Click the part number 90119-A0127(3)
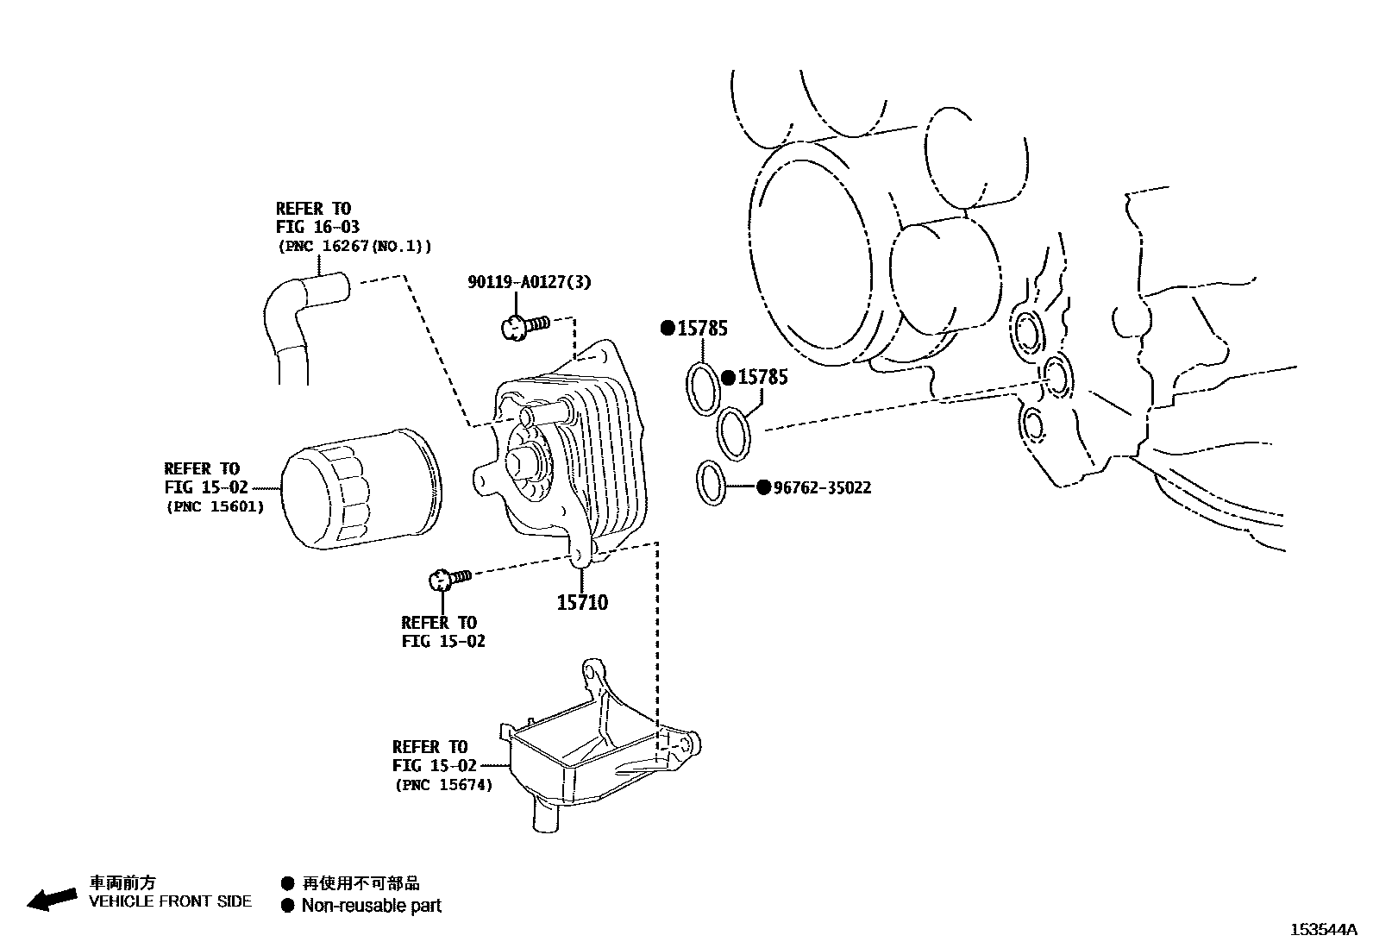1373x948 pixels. pyautogui.click(x=530, y=282)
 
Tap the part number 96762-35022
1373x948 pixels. pyautogui.click(x=822, y=487)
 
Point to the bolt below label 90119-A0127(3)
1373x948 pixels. pyautogui.click(x=523, y=326)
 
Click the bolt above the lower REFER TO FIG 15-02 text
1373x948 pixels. pyautogui.click(x=449, y=579)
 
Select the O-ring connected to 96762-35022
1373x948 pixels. pyautogui.click(x=712, y=484)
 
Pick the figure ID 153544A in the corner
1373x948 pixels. pyautogui.click(x=1323, y=930)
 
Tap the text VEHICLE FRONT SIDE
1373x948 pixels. pyautogui.click(x=171, y=901)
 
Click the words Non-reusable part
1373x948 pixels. pyautogui.click(x=371, y=906)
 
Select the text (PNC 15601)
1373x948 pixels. pyautogui.click(x=215, y=506)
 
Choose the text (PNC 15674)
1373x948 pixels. pyautogui.click(x=444, y=785)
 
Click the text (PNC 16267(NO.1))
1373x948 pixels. pyautogui.click(x=354, y=246)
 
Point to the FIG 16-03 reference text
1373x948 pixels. pyautogui.click(x=317, y=227)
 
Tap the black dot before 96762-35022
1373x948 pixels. pyautogui.click(x=762, y=487)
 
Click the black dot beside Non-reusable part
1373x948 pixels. pyautogui.click(x=288, y=906)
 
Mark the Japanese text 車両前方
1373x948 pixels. pyautogui.click(x=123, y=882)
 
